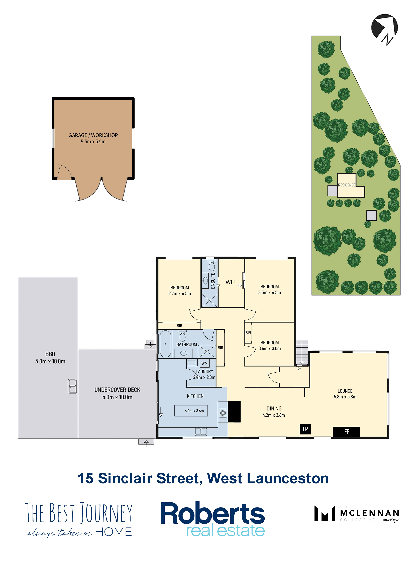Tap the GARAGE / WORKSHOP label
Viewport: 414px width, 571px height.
click(x=93, y=135)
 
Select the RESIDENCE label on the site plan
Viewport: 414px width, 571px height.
click(x=347, y=185)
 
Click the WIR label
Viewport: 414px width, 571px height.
click(x=230, y=282)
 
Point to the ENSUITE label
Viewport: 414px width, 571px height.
click(x=213, y=280)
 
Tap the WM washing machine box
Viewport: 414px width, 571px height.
click(x=204, y=363)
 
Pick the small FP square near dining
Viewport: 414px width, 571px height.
click(x=305, y=429)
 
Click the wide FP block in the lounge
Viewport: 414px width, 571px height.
click(x=347, y=431)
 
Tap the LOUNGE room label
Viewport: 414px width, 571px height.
click(x=345, y=391)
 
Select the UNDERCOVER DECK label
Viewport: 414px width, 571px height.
click(x=117, y=390)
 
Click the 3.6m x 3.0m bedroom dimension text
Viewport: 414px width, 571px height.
click(x=270, y=348)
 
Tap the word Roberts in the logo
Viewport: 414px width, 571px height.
click(x=212, y=513)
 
